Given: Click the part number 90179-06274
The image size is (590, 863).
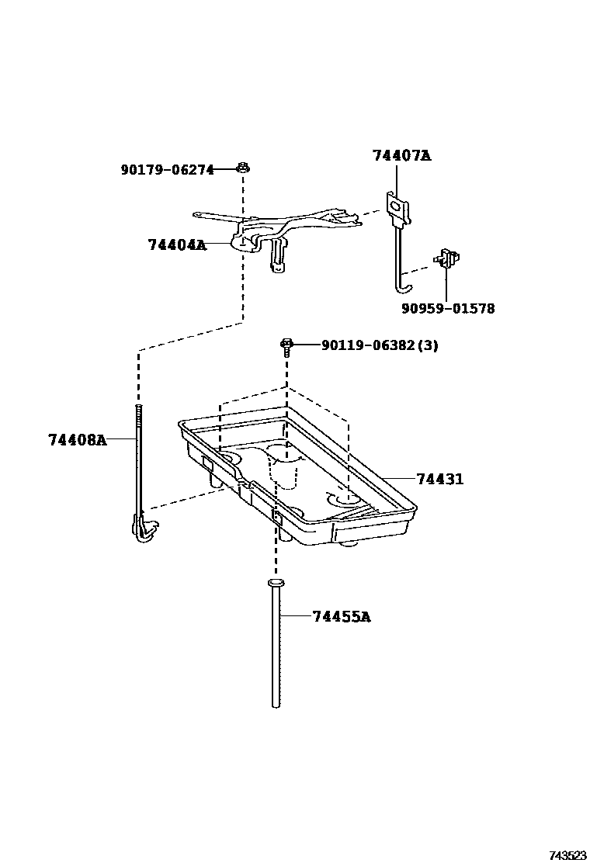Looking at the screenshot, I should click(x=167, y=170).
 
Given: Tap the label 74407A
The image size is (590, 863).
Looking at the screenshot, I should click(x=401, y=155).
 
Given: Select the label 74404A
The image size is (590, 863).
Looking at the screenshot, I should click(x=177, y=245).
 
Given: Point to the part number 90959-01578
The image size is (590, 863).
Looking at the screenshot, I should click(x=448, y=309).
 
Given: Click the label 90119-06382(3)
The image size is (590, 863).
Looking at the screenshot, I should click(x=380, y=345).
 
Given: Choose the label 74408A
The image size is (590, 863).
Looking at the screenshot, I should click(x=77, y=440).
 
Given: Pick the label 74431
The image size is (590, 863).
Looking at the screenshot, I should click(x=439, y=479).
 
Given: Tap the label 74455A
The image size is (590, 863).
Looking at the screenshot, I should click(x=342, y=617).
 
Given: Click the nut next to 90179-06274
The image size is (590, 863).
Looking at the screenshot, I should click(x=243, y=168).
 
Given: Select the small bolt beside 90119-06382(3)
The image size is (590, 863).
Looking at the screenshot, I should click(x=286, y=346).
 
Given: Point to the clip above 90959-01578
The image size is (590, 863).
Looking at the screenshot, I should click(x=447, y=258).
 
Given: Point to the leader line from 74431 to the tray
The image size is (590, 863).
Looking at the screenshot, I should click(x=396, y=479).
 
